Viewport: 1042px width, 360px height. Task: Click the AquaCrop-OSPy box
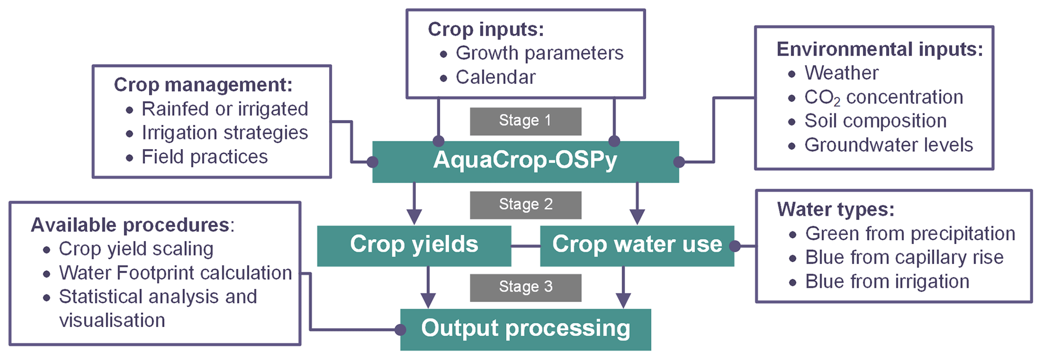click(x=525, y=161)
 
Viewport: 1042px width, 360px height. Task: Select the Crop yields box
click(x=414, y=245)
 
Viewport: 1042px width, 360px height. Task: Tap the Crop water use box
click(x=637, y=245)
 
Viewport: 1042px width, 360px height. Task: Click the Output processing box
click(x=525, y=329)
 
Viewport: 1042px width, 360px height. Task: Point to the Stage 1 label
click(x=525, y=121)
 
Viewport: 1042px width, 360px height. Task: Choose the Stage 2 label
click(x=525, y=205)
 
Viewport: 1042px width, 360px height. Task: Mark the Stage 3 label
click(x=525, y=287)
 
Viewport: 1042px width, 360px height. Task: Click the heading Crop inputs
click(x=485, y=29)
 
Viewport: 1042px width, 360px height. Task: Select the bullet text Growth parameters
click(x=539, y=53)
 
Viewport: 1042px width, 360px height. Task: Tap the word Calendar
click(x=496, y=77)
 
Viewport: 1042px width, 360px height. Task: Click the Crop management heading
click(x=203, y=85)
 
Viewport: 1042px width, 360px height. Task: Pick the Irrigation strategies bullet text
click(x=224, y=133)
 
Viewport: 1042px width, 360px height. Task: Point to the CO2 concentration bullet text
click(x=883, y=97)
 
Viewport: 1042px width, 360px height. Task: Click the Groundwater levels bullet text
click(x=888, y=145)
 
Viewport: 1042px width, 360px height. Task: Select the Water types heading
click(x=835, y=209)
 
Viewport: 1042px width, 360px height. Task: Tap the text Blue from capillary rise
click(x=904, y=257)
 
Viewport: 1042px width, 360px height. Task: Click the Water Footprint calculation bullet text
click(x=175, y=273)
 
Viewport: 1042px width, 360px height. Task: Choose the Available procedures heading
click(x=132, y=225)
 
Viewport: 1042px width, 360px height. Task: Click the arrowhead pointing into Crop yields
click(x=414, y=217)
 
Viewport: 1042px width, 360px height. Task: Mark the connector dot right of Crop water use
click(x=735, y=246)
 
